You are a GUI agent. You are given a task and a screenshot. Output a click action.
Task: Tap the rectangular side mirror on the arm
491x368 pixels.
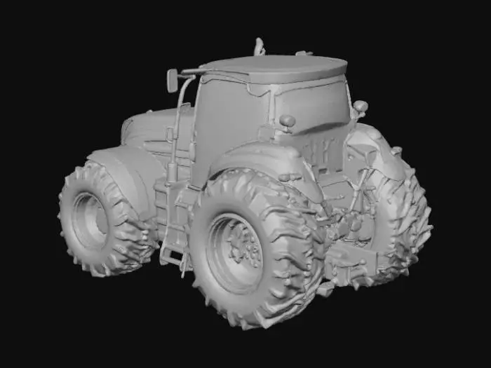[172, 79]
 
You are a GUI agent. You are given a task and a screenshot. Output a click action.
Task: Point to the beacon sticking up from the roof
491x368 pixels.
[260, 47]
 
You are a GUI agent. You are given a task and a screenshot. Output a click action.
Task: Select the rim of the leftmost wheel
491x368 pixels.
[90, 221]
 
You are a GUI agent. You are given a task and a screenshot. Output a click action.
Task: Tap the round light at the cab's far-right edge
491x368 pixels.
[360, 107]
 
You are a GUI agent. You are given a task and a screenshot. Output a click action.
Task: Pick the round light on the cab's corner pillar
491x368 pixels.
[287, 121]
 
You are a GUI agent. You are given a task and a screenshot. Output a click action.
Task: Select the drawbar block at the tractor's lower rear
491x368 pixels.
[354, 263]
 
